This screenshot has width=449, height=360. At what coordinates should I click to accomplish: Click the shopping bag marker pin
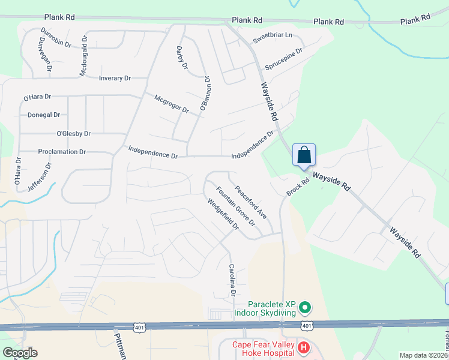304,155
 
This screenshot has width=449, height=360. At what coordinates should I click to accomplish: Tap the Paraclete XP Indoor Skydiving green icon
305,308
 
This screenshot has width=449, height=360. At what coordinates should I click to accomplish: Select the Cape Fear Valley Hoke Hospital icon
304,347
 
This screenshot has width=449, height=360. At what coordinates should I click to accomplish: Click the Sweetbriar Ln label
272,37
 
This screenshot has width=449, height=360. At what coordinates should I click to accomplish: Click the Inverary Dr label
115,78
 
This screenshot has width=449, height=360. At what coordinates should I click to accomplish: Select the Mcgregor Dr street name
171,104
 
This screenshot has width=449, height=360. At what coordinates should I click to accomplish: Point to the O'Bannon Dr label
205,94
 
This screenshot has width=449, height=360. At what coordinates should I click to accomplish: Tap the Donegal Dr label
44,115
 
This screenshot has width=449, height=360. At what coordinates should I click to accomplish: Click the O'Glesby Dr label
73,133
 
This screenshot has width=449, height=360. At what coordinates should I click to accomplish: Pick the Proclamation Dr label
62,152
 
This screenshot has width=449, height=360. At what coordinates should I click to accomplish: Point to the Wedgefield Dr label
223,214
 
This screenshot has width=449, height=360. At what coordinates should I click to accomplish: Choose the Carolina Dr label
231,280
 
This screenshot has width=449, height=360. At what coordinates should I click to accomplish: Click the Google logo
20,353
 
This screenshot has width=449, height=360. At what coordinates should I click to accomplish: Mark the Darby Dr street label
181,58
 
